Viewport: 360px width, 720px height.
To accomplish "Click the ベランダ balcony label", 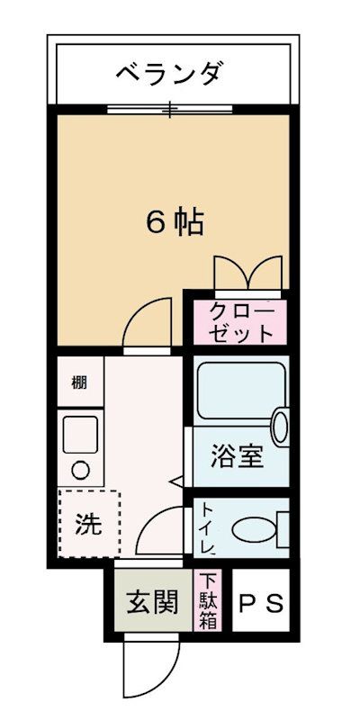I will tap(168, 73).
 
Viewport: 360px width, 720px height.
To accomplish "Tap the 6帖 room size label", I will tap(175, 222).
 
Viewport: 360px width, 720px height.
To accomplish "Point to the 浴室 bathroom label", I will tap(238, 456).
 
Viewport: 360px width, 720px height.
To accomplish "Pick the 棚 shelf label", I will tap(79, 381).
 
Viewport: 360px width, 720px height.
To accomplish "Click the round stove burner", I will tap(80, 469).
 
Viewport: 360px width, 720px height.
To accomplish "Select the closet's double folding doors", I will tap(248, 271).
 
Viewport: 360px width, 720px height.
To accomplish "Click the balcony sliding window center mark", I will tap(168, 110).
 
